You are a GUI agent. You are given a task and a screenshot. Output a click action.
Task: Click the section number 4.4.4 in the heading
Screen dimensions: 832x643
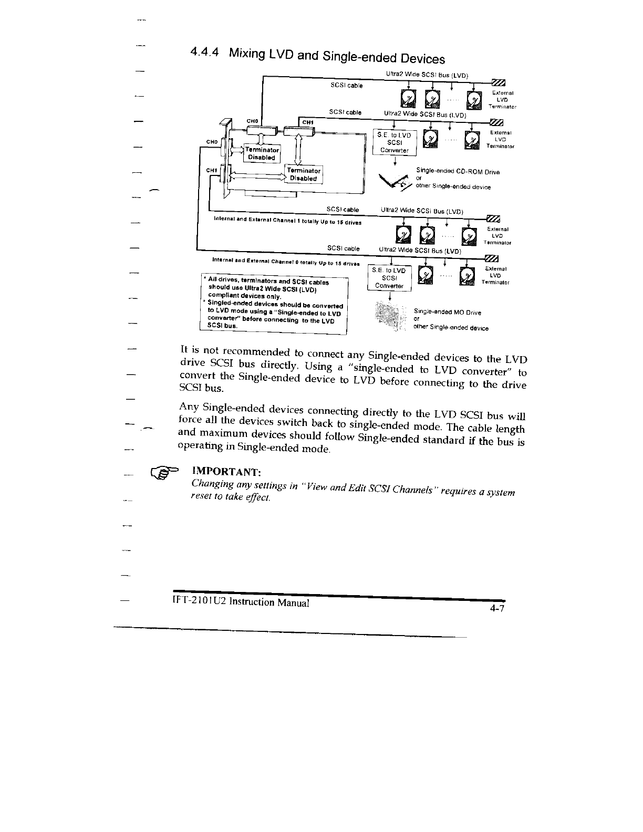tap(206, 52)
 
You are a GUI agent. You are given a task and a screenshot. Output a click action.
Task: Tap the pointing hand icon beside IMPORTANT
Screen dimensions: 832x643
tap(164, 474)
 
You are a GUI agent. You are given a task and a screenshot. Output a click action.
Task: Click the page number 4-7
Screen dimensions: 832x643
tap(496, 609)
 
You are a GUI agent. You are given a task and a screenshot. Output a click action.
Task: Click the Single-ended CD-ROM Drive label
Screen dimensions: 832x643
tap(458, 172)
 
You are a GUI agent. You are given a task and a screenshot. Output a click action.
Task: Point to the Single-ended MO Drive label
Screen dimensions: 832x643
tap(448, 313)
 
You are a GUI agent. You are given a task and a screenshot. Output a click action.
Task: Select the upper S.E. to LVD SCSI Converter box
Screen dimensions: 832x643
tap(395, 142)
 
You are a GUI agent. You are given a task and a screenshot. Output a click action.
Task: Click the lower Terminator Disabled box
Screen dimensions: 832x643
tap(304, 174)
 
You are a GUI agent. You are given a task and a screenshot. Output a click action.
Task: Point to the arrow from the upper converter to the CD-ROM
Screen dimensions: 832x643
tap(395, 161)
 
